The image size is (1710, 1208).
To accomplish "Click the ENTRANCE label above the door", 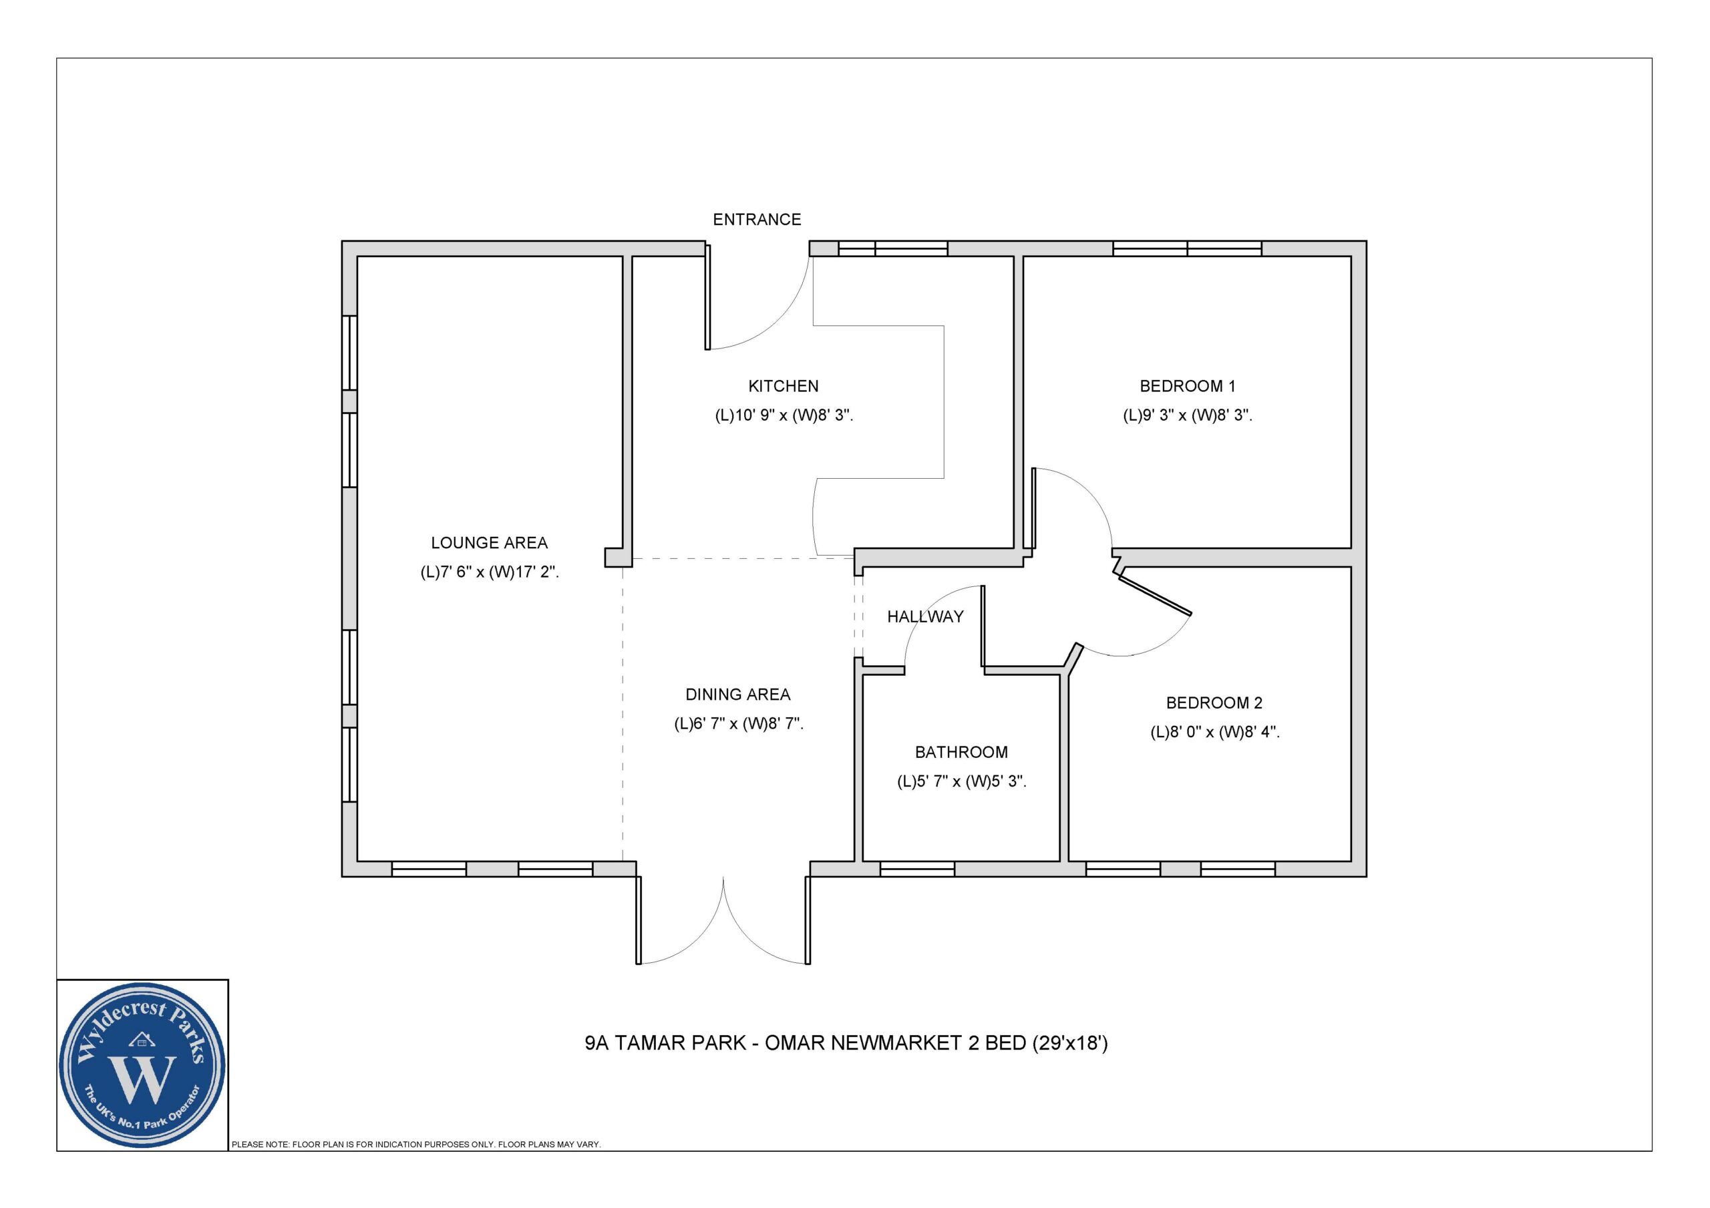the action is point(757,220).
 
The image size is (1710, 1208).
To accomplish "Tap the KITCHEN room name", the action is point(783,386).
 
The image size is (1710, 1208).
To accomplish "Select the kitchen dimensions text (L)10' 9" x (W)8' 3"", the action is point(784,415).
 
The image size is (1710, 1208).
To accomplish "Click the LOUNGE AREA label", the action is point(490,543).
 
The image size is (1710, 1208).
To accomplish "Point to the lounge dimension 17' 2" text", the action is point(533,572).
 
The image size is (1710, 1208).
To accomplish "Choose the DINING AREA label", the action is point(737,694).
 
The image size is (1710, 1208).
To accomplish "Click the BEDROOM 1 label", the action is point(1187,386).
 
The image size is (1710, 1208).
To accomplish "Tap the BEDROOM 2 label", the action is point(1214,702).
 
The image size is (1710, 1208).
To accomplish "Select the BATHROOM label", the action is point(961,752).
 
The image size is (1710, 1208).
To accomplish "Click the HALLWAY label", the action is point(925,616).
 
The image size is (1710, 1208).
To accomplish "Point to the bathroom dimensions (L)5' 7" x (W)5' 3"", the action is point(961,781).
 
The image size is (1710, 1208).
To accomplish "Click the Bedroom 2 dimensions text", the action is point(1215,732).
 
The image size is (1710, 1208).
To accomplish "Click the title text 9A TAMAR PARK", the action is point(665,1042).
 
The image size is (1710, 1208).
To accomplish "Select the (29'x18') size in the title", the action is point(1069,1042).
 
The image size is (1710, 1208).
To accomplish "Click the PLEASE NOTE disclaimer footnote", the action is point(415,1144).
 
